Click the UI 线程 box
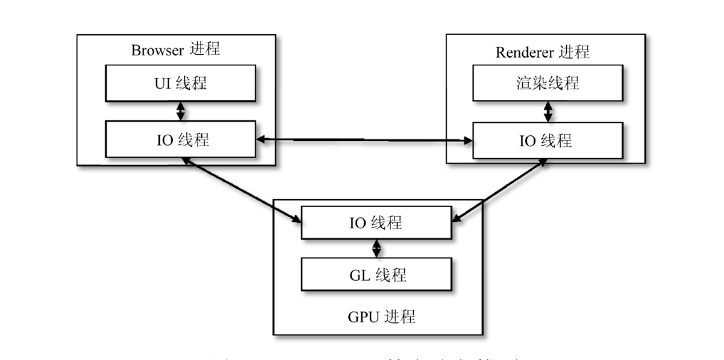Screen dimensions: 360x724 [x=181, y=83]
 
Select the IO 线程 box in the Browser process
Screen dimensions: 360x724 [x=181, y=139]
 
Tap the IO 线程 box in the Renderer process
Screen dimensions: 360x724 [x=547, y=139]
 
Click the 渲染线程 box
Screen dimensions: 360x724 [x=547, y=83]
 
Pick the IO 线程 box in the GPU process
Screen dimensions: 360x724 [x=376, y=223]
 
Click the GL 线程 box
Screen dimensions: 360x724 [x=376, y=274]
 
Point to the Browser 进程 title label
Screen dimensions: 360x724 [x=176, y=49]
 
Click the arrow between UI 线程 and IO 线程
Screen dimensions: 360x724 [x=181, y=111]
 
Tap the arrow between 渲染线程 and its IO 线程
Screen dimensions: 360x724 [x=548, y=111]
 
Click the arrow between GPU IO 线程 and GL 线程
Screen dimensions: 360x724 [x=377, y=248]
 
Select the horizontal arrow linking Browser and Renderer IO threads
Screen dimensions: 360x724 [x=364, y=140]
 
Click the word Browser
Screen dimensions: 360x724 [x=157, y=50]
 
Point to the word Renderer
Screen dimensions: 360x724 [x=524, y=53]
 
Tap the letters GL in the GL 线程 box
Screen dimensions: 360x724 [x=360, y=275]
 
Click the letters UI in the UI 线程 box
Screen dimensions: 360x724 [x=164, y=83]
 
